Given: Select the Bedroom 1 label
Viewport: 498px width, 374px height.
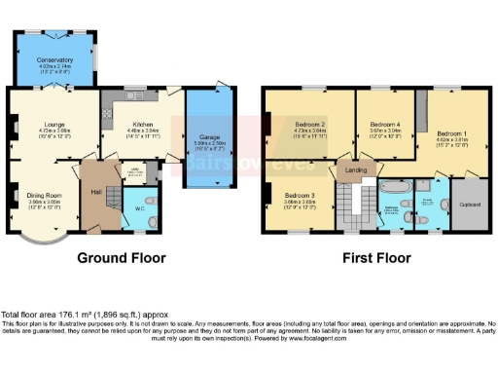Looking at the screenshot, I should coord(450,133).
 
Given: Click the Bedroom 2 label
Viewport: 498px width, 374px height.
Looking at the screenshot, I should coord(309,125).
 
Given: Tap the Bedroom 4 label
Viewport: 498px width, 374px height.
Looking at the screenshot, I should coord(384,125).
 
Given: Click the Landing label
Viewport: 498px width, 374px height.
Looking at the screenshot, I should coord(356,170).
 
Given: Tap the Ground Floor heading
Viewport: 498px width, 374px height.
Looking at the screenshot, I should coord(122,258).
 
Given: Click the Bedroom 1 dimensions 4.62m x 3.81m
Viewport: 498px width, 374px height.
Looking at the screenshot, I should coord(450,140).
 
